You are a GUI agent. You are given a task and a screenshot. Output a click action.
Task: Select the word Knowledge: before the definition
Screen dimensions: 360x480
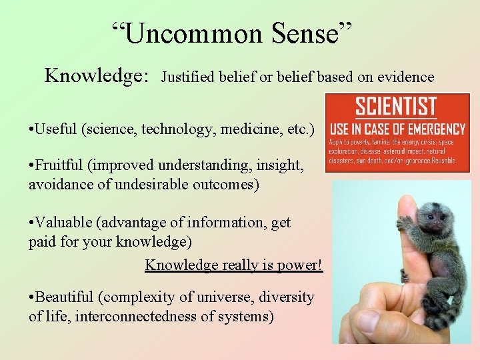pos(96,76)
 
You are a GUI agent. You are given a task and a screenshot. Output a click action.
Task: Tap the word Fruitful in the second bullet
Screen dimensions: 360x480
pos(61,165)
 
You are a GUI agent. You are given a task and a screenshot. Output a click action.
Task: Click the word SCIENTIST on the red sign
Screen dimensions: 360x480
pos(396,107)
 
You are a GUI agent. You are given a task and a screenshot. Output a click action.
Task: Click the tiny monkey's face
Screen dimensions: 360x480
pos(430,217)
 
